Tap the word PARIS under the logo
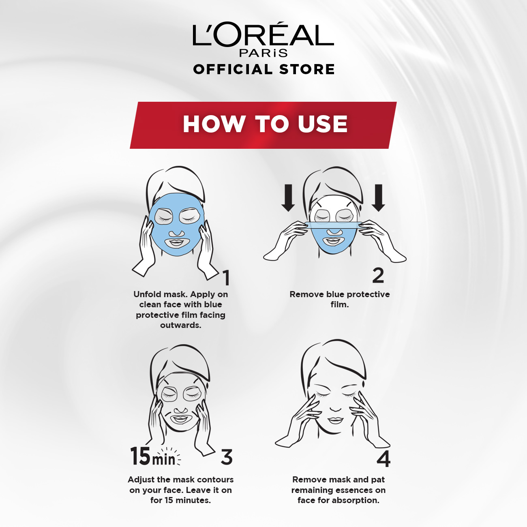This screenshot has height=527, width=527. click(x=263, y=53)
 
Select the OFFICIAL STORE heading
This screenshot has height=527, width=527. click(x=264, y=69)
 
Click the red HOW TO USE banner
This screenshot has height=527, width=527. click(x=263, y=125)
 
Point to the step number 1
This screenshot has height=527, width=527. click(x=226, y=278)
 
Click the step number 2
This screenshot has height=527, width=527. click(x=378, y=275)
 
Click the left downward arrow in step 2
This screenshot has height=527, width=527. click(x=288, y=198)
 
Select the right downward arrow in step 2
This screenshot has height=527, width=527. click(x=379, y=198)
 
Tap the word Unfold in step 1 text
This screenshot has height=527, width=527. click(x=147, y=294)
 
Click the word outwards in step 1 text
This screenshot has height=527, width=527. click(x=180, y=325)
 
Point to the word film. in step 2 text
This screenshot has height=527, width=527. click(x=340, y=304)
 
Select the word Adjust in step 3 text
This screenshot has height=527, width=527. click(x=142, y=480)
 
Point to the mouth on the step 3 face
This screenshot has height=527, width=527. click(x=180, y=419)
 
